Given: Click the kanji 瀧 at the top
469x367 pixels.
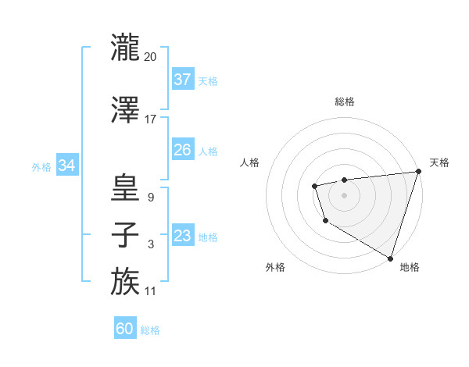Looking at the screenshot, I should (x=125, y=48).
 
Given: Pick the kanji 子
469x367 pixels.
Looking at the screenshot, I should (x=125, y=235).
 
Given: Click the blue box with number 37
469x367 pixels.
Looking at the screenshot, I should (x=183, y=79).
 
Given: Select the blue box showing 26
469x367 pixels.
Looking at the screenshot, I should (x=183, y=150).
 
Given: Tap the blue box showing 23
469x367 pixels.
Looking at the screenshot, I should (x=183, y=236).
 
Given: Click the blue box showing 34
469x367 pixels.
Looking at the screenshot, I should (x=66, y=166).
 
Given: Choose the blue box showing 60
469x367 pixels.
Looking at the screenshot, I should (x=125, y=329).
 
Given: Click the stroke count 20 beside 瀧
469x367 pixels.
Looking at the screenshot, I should (x=151, y=57).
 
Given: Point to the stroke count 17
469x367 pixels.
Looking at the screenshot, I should (x=151, y=119).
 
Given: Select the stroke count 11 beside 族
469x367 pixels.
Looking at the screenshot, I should (x=151, y=291).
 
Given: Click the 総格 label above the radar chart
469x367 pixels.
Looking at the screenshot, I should (x=345, y=102).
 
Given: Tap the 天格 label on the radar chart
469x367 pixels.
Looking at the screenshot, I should (x=439, y=162).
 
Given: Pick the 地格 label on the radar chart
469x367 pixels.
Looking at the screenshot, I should (x=410, y=267).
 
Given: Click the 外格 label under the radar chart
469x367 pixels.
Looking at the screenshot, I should (x=275, y=267).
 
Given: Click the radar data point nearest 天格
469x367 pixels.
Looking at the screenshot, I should (x=417, y=172).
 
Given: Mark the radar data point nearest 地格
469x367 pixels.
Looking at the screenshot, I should (x=390, y=257).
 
